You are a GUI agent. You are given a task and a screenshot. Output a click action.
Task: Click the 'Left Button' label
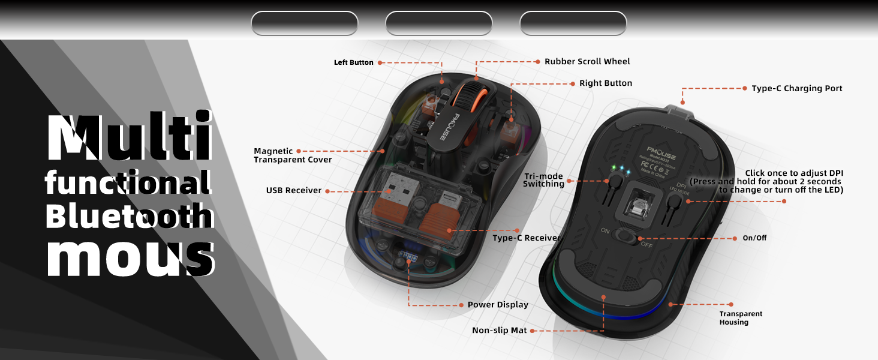point(353,62)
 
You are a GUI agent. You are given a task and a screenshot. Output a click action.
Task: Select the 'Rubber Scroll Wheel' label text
point(587,61)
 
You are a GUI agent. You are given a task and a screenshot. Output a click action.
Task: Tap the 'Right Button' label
point(605,83)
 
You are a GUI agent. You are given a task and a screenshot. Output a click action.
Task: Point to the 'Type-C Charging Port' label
point(796,88)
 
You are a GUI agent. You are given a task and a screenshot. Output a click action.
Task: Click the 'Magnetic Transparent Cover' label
point(292,155)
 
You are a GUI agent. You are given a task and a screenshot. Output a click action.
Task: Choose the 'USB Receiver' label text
point(293,191)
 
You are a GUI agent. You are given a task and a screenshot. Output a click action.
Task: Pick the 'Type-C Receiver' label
point(526,238)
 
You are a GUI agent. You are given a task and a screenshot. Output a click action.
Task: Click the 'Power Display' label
point(498,305)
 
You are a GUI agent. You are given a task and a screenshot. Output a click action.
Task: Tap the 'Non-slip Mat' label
point(499,330)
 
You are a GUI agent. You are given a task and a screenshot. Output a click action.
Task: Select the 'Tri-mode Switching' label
point(543,180)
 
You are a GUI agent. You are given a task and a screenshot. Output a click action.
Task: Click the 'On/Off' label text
point(754,238)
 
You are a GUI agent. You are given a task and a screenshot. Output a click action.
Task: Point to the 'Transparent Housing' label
point(741,318)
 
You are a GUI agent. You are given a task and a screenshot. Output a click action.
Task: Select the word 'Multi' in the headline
point(129,137)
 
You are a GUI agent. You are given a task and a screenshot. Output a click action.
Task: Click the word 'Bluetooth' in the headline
point(129,217)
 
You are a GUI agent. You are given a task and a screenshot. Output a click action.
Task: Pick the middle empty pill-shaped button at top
point(438,23)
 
